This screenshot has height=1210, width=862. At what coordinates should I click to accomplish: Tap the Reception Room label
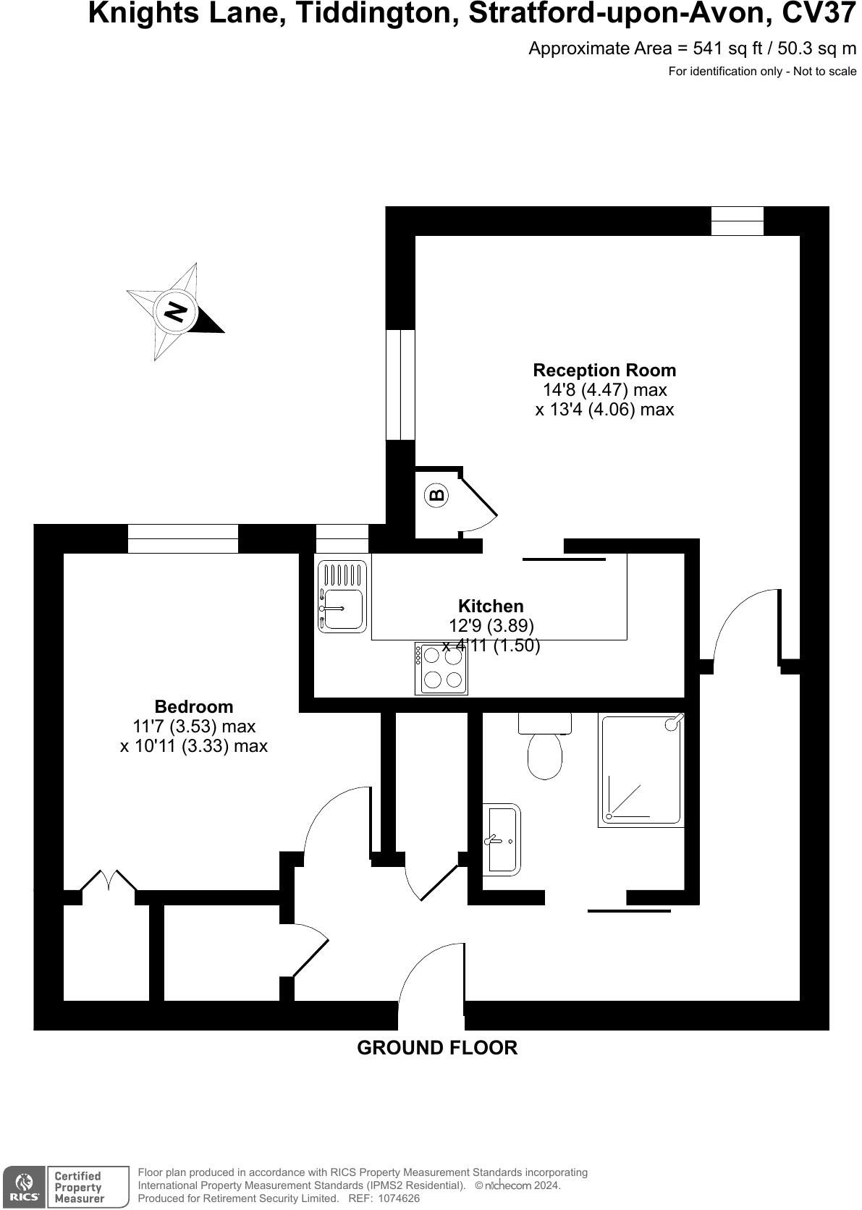click(604, 370)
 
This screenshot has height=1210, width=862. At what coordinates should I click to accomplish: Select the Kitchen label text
click(491, 606)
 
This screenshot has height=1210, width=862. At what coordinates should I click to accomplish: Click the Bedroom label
click(194, 706)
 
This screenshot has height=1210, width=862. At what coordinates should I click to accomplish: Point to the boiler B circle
click(436, 496)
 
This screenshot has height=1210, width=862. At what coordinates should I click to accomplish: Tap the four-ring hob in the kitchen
click(441, 668)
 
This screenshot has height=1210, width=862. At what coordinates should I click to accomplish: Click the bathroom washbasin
click(502, 839)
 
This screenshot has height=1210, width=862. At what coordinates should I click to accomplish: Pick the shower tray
click(641, 770)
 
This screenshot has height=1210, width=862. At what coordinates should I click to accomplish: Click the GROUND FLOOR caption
click(437, 1048)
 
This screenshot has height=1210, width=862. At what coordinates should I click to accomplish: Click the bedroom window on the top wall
click(183, 538)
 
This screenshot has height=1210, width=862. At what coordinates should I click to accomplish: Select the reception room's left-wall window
click(400, 384)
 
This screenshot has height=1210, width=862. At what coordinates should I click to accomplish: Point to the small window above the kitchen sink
click(342, 539)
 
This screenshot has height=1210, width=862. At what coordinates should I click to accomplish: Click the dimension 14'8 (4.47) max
click(604, 390)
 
